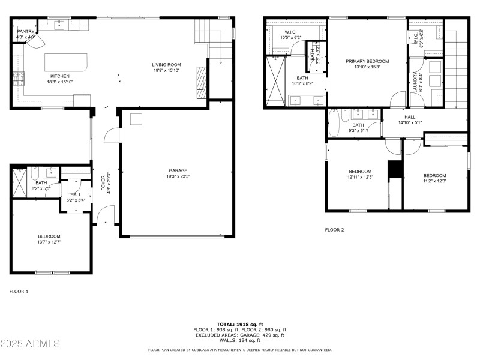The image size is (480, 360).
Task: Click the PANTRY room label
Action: click(26, 31)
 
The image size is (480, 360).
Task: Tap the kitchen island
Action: click(66, 62)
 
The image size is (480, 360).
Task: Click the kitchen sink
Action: click(61, 25)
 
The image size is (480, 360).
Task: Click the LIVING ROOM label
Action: click(166, 65)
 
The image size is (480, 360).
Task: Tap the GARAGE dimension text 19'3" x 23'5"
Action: click(178, 176)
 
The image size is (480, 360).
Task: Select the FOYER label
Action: click(103, 182)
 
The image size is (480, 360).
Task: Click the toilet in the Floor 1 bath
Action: click(35, 173)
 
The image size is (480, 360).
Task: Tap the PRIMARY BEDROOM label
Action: click(367, 61)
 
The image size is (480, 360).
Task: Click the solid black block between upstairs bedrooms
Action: click(395, 170)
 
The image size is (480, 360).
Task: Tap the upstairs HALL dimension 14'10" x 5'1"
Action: click(410, 123)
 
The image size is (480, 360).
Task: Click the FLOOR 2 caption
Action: click(334, 230)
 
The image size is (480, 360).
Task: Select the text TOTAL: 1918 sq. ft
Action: click(240, 324)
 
